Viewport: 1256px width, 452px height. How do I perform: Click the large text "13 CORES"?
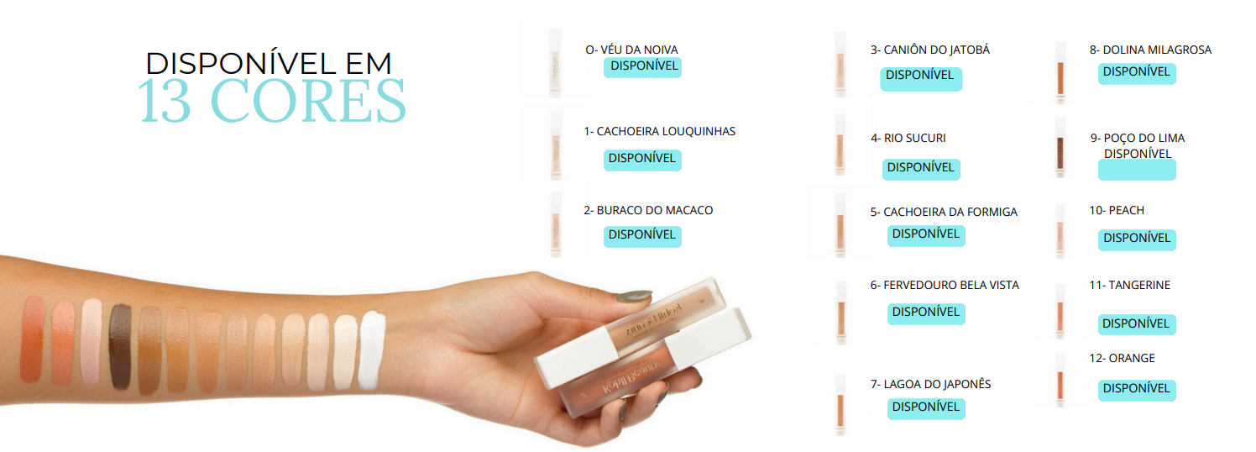pos(272,100)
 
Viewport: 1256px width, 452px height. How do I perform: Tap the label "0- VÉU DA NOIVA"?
pos(631,50)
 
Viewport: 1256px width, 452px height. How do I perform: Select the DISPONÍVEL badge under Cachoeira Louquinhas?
pos(642,160)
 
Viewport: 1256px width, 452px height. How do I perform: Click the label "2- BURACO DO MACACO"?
pos(648,210)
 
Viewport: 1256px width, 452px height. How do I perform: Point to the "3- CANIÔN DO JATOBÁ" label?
pos(930,50)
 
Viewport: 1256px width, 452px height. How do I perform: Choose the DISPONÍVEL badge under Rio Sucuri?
pos(921,168)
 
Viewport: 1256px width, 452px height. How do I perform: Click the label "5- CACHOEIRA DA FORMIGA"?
pos(944,212)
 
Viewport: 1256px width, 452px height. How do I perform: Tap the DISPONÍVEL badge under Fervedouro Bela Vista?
pos(926,313)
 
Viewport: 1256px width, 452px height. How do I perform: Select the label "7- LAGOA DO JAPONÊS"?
pos(931,384)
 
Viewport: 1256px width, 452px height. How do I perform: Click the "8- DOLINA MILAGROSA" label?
pos(1150,50)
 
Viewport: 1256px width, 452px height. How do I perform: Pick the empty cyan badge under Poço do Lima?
pos(1137,170)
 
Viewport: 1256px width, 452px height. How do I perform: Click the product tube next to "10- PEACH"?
pos(1060,231)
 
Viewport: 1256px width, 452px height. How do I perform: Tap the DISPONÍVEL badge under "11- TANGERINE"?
pos(1137,324)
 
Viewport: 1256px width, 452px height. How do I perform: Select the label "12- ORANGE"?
pos(1122,358)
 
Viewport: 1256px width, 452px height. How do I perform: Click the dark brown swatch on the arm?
pos(120,347)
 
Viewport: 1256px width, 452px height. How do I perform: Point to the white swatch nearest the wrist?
pos(372,350)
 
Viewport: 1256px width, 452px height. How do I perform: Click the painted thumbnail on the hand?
pos(634,297)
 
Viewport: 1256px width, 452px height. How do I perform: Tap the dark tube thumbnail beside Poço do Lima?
pos(1060,148)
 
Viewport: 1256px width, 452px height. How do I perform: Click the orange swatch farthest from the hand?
pos(32,340)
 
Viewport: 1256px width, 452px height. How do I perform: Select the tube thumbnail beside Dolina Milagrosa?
pos(1060,73)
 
